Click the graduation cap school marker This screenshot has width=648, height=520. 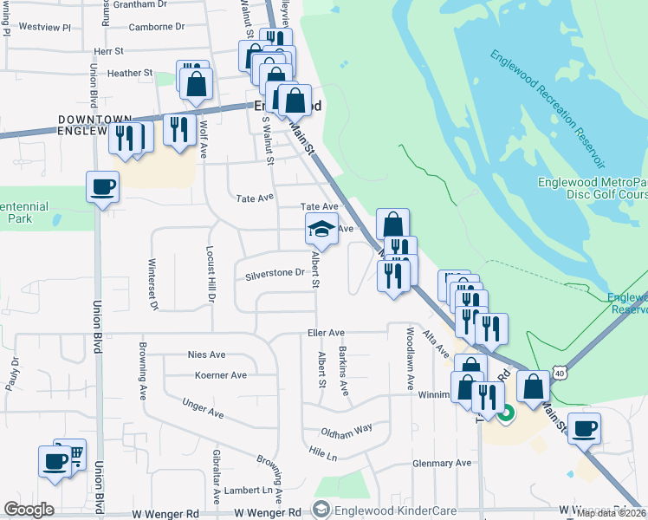coord(321,231)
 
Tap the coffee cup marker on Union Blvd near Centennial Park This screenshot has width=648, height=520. coord(103,187)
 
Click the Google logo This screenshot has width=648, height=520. coord(29,510)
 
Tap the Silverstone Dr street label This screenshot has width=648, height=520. coord(275,274)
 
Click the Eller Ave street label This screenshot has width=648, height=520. coord(326,333)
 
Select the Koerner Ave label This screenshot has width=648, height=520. coord(221,375)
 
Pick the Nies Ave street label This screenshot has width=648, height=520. coord(206,354)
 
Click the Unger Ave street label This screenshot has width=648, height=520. coord(204,403)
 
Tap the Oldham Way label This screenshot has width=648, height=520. coord(347,428)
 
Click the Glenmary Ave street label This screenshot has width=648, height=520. coord(442,463)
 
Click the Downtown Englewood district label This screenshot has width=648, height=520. coord(95,125)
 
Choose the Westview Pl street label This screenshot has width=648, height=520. coord(44,27)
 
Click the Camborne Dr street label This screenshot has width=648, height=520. coord(157,27)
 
